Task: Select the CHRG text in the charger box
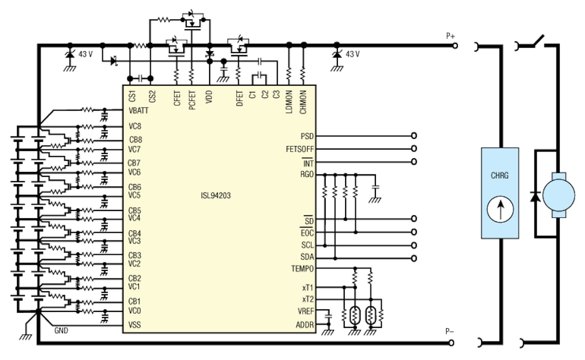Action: pos(500,176)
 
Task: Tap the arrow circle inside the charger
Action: pos(500,210)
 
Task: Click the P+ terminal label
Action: pos(449,36)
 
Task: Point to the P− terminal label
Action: pos(449,331)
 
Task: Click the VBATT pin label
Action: pos(138,111)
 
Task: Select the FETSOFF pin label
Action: pos(301,149)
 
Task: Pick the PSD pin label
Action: pos(307,136)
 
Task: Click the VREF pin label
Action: pos(306,312)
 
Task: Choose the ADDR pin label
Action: pos(306,325)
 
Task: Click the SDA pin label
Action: pos(307,257)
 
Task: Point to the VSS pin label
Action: pos(134,324)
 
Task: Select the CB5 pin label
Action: pos(135,210)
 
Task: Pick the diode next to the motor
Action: pos(535,196)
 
